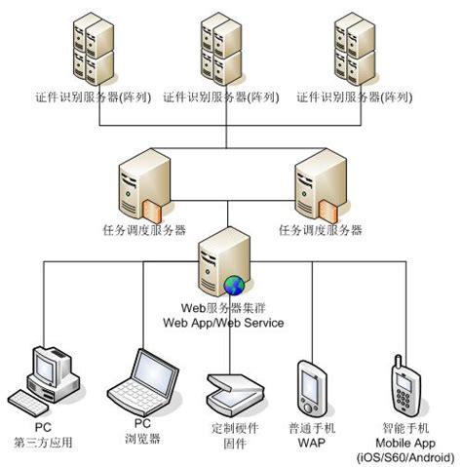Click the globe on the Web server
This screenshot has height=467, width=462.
tap(234, 284)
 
